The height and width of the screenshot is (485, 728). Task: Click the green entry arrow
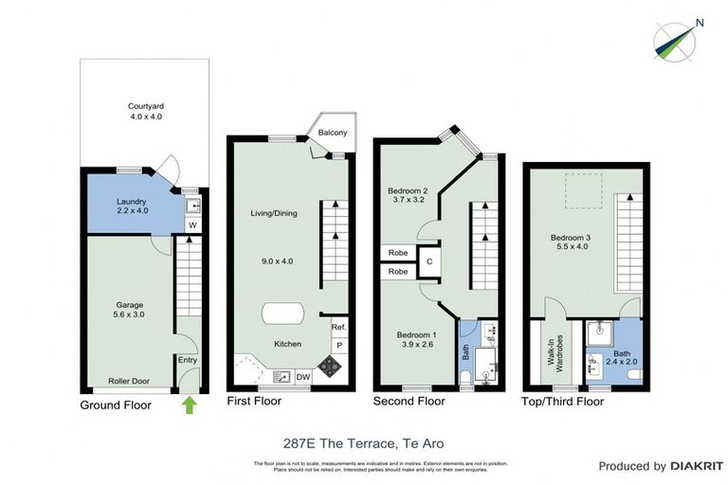click(190, 405)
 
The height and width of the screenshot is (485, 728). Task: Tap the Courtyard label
click(146, 111)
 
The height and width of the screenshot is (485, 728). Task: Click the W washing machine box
click(191, 225)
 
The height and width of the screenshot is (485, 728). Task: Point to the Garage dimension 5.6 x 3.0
click(130, 314)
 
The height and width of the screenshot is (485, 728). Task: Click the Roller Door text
click(127, 374)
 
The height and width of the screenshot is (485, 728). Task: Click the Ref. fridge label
click(337, 327)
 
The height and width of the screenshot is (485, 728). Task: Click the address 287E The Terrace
click(364, 443)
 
